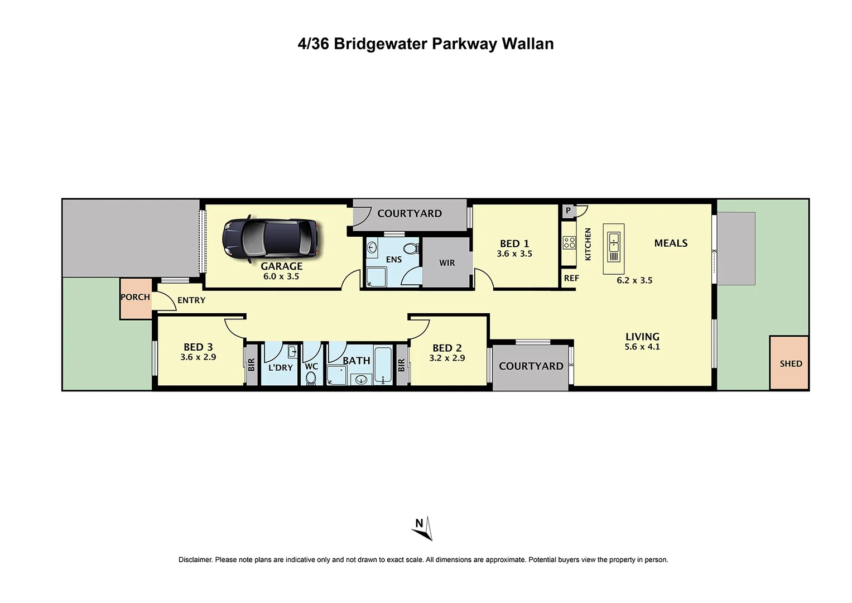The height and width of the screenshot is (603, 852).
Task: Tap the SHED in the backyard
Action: pos(790,363)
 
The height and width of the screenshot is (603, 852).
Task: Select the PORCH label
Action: pos(135,297)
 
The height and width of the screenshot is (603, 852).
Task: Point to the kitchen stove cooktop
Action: pos(569,243)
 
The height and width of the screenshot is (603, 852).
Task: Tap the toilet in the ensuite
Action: pos(411,248)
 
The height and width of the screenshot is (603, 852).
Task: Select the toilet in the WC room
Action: pos(311,379)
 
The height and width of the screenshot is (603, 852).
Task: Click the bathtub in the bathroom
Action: pos(383,365)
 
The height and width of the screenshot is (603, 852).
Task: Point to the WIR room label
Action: pos(447,263)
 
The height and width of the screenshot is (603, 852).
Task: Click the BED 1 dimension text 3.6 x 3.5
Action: pos(514,254)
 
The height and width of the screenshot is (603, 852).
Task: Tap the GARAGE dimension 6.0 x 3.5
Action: pos(281,276)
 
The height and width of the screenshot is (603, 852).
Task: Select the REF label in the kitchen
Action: pos(571,278)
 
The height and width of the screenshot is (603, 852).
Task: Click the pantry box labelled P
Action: pos(569,210)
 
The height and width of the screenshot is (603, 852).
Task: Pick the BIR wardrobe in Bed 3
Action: pos(252,365)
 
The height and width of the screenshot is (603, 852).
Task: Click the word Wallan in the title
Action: pos(528,44)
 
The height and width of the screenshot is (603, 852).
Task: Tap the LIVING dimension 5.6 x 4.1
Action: pos(642,347)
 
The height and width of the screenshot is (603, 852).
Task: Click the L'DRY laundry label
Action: pos(280,367)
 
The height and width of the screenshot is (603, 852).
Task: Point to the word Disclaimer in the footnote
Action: pos(195,559)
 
